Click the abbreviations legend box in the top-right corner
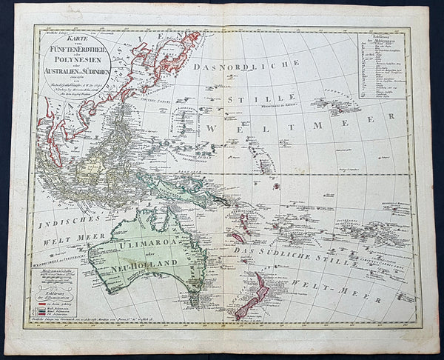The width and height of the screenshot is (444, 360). pyautogui.click(x=382, y=65)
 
